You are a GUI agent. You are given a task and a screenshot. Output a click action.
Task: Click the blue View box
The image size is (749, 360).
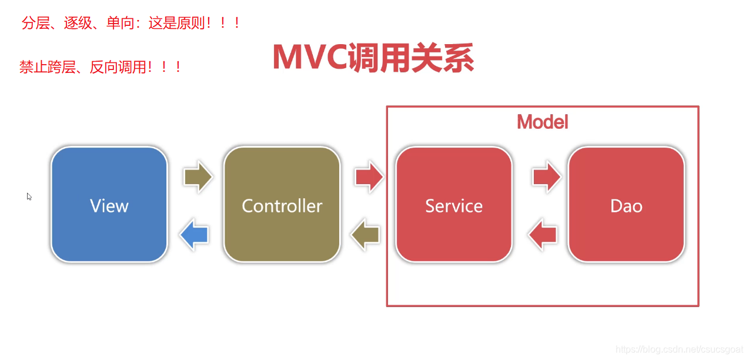click(x=109, y=205)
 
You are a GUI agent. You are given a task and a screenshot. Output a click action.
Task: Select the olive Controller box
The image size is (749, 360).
click(x=282, y=205)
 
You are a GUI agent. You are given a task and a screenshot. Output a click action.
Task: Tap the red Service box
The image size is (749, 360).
click(x=454, y=205)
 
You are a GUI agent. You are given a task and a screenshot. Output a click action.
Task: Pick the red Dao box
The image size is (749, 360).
click(x=626, y=205)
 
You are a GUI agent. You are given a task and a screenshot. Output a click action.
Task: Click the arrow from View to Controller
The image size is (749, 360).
click(x=198, y=176)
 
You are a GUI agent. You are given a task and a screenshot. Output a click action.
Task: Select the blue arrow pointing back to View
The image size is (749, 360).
click(x=194, y=235)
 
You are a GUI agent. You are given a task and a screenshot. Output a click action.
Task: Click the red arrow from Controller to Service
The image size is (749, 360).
click(x=369, y=176)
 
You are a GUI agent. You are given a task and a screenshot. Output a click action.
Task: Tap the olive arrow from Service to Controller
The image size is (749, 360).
click(x=365, y=235)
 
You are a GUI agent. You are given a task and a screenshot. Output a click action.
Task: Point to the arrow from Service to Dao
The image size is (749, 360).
click(x=547, y=176)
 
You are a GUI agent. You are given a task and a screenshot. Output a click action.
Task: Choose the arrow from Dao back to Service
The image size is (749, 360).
click(x=543, y=235)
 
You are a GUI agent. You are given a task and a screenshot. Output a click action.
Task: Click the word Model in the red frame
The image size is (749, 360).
click(x=543, y=122)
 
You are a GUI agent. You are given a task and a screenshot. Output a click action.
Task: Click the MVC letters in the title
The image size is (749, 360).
click(x=310, y=57)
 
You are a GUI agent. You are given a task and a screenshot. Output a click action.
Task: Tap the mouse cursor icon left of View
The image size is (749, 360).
click(x=29, y=196)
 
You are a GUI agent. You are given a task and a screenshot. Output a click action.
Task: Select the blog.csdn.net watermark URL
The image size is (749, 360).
click(x=679, y=349)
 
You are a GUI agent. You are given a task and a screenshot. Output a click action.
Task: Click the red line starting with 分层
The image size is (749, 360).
click(x=131, y=23)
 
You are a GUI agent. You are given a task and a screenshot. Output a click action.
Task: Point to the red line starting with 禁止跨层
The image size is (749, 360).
click(x=101, y=67)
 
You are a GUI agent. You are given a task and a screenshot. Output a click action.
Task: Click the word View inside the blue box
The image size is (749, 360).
click(x=109, y=205)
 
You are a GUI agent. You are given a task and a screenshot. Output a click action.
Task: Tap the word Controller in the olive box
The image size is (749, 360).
click(x=282, y=205)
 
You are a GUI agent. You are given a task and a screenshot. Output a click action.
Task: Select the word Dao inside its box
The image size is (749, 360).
click(x=626, y=206)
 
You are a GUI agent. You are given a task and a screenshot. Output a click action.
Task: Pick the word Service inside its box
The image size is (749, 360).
click(x=454, y=205)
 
